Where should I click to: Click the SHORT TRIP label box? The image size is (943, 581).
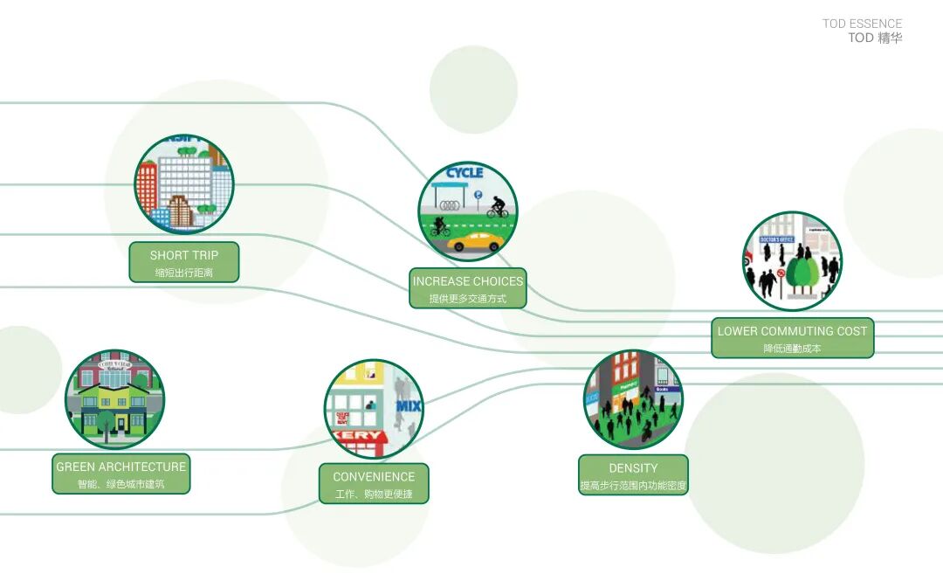click(x=183, y=262)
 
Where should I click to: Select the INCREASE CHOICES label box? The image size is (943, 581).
click(x=468, y=288)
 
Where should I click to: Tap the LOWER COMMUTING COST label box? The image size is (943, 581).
click(x=792, y=338)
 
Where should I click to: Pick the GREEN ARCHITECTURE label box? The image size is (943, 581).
click(x=120, y=474)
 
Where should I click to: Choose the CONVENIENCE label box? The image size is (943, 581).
click(x=374, y=484)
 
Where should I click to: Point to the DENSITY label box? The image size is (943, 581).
click(x=633, y=475)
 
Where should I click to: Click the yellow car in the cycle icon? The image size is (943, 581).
click(x=476, y=242)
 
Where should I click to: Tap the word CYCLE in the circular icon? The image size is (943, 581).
click(x=465, y=173)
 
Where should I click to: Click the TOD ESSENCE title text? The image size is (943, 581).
click(x=862, y=24)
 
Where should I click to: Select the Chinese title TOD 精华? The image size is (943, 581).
click(x=875, y=38)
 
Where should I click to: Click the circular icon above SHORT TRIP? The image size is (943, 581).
click(x=184, y=184)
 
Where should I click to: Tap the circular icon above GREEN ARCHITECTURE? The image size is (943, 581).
click(x=114, y=400)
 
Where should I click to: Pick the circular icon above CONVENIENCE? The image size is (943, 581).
click(x=374, y=409)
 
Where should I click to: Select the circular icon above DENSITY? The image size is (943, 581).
click(x=633, y=400)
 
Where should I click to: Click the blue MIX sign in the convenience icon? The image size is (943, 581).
click(x=409, y=406)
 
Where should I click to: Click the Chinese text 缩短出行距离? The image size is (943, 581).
click(x=183, y=273)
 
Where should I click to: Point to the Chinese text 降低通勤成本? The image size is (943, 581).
click(x=792, y=348)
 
